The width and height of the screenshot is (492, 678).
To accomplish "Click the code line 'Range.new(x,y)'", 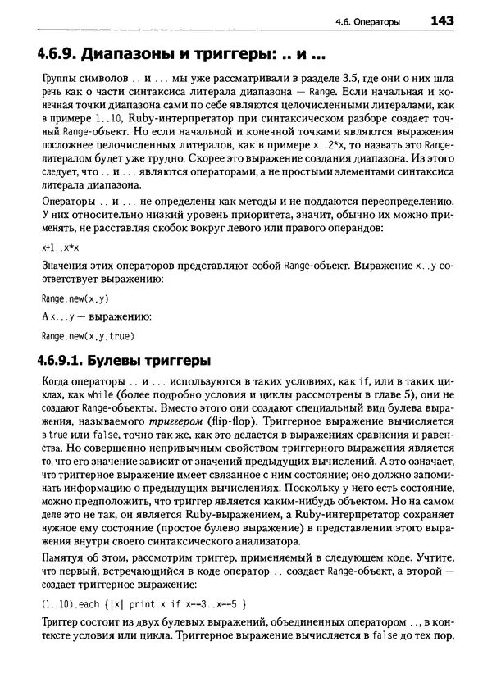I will [69, 299].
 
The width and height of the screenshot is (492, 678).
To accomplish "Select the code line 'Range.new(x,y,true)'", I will [80, 336].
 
